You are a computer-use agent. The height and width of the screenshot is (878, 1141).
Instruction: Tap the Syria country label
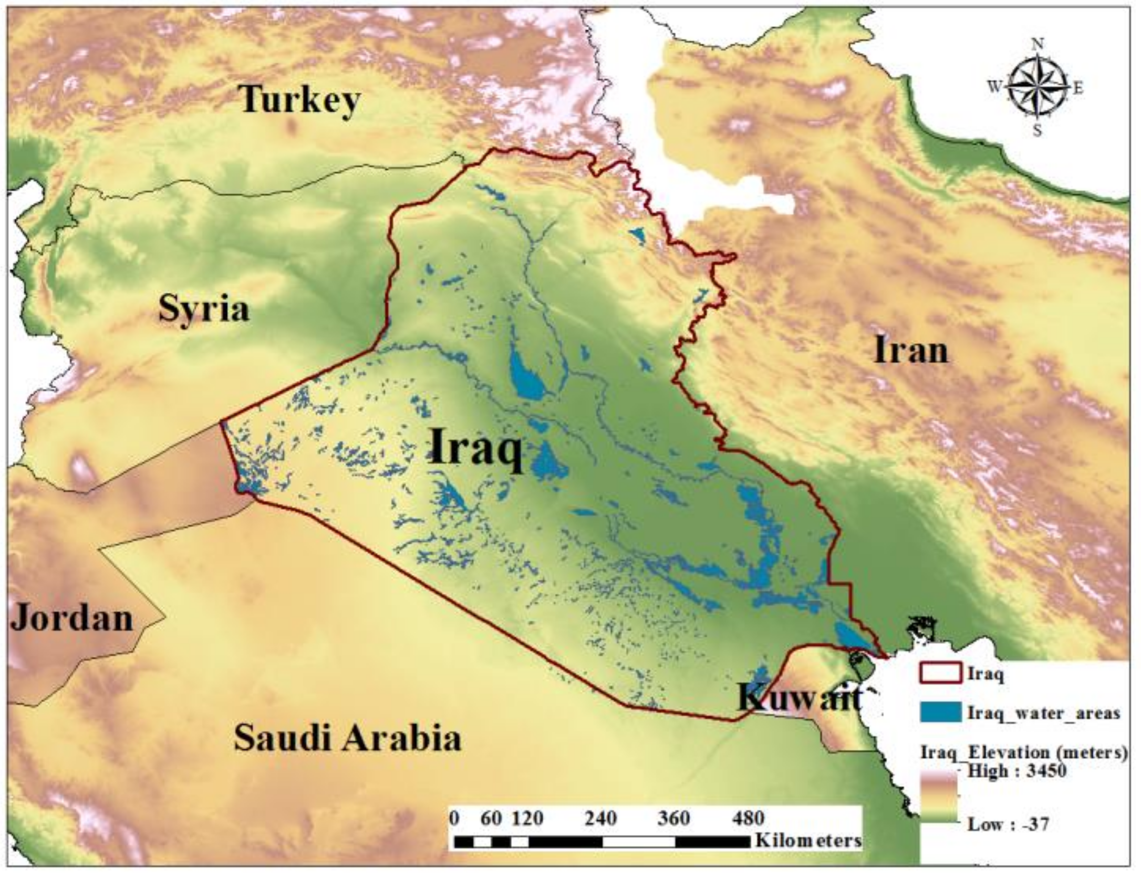click(x=204, y=309)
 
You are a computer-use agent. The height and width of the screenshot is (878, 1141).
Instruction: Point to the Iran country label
click(x=911, y=350)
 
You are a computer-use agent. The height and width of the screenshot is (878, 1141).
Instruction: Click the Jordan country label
click(x=72, y=618)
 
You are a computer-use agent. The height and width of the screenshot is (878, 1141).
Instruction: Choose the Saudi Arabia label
click(x=347, y=737)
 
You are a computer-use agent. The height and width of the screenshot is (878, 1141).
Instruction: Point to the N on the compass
click(x=1038, y=45)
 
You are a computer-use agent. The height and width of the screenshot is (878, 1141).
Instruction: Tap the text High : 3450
click(x=1016, y=771)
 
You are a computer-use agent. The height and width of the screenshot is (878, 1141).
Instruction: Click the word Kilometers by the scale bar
click(x=808, y=840)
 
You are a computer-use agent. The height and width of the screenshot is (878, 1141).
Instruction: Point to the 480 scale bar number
click(x=748, y=818)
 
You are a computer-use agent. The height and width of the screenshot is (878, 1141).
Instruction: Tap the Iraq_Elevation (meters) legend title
click(x=1023, y=752)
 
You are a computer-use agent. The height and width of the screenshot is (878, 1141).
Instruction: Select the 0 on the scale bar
click(x=455, y=818)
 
